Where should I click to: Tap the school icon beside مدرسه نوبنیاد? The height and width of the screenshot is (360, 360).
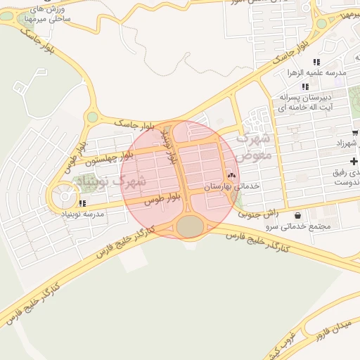[83, 204]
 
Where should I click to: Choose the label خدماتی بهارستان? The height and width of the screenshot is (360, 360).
[232, 186]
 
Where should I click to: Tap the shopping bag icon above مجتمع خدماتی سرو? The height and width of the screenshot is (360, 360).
[299, 215]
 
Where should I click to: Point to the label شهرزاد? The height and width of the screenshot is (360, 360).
[347, 143]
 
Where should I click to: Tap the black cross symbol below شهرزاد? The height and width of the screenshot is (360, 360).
[354, 162]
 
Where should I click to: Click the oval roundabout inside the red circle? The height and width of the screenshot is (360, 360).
[188, 226]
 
